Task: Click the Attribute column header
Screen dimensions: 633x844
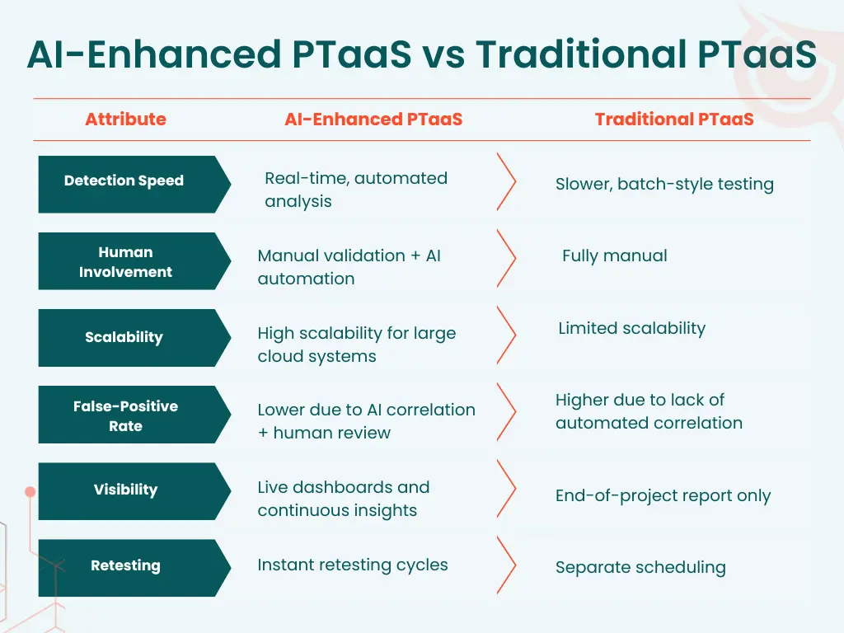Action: click(x=125, y=120)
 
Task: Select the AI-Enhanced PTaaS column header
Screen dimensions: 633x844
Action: click(x=373, y=120)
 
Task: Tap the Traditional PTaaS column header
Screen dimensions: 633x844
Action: click(x=674, y=120)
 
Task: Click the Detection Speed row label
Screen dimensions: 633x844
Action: click(x=124, y=181)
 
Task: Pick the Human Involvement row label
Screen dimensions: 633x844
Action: click(x=125, y=262)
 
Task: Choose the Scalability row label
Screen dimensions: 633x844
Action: click(x=124, y=337)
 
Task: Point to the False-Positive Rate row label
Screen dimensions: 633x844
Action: click(x=125, y=416)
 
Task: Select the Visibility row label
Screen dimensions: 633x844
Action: click(x=125, y=490)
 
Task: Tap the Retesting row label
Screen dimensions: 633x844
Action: click(x=125, y=565)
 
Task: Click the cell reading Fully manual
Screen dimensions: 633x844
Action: click(x=614, y=256)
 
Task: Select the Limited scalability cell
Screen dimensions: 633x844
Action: click(x=631, y=328)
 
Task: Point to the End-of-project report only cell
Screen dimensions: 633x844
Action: click(x=663, y=496)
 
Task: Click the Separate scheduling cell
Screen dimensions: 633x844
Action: click(x=640, y=568)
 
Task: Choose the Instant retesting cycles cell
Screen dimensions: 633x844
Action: click(x=353, y=565)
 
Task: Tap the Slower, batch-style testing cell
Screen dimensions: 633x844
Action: click(x=664, y=185)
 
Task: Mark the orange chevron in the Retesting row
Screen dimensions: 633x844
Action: click(x=506, y=565)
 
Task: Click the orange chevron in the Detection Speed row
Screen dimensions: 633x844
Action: click(x=506, y=181)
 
